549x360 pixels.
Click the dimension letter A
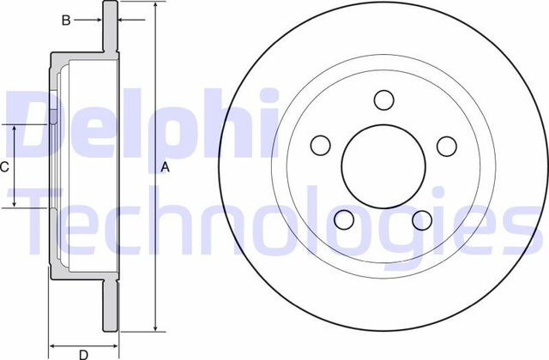click(x=166, y=169)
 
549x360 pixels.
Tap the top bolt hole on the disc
click(x=383, y=99)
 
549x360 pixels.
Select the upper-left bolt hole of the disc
click(x=319, y=144)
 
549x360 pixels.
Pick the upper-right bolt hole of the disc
click(x=445, y=146)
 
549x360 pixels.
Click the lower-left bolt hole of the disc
click(x=345, y=220)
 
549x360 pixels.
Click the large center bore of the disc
click(x=383, y=166)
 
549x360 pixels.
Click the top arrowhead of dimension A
click(x=155, y=7)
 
